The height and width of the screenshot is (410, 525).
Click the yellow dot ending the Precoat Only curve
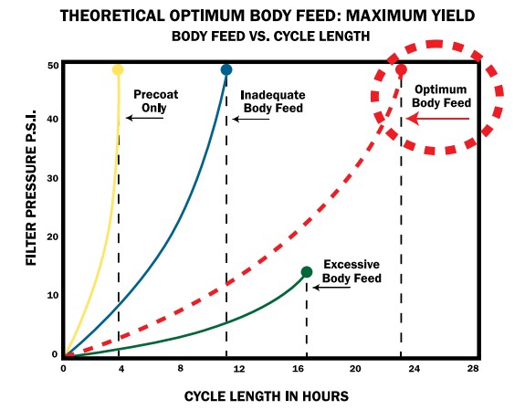click(x=118, y=69)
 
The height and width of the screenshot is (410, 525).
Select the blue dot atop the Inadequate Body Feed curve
click(x=226, y=69)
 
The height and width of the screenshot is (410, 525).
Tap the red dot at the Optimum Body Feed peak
click(x=401, y=69)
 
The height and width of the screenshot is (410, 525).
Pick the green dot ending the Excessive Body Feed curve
click(x=307, y=271)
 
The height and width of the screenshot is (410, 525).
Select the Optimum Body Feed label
click(x=442, y=96)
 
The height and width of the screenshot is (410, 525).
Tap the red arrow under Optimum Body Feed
click(x=439, y=118)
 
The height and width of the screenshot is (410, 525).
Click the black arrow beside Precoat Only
click(x=145, y=118)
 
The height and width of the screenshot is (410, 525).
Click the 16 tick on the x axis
click(x=297, y=369)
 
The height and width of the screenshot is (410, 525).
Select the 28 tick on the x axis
click(x=473, y=369)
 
